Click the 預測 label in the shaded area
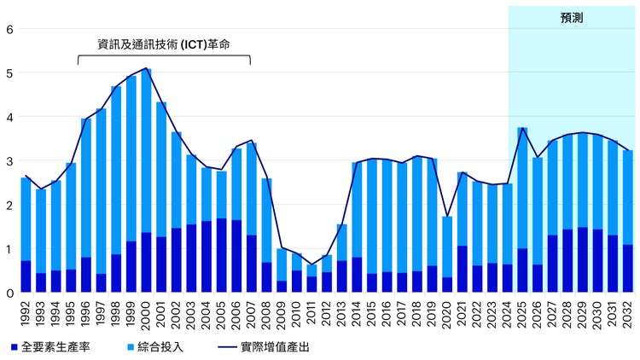point(572,17)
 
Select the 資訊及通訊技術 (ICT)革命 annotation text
point(164,44)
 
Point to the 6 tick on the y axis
point(9,29)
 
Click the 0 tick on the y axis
point(9,293)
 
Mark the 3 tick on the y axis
point(9,161)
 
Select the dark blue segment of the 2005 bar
point(221,256)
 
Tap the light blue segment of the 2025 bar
point(522,188)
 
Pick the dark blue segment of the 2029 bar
point(583,260)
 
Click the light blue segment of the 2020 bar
point(447,247)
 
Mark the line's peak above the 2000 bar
point(146,68)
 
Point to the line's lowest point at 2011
point(311,264)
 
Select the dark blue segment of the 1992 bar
point(26,277)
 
